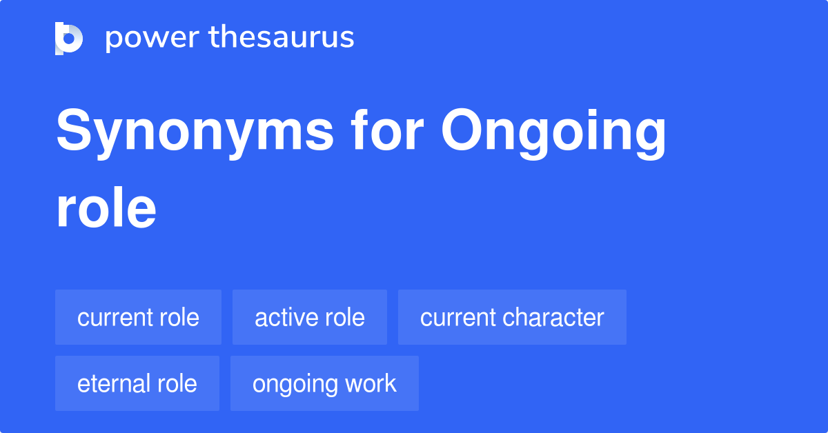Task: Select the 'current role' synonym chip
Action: click(x=138, y=317)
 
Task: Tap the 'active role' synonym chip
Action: click(x=309, y=317)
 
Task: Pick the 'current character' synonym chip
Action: click(x=512, y=317)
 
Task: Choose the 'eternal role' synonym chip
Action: click(x=137, y=383)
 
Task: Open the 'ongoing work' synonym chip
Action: click(x=324, y=383)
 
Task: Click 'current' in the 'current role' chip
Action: click(x=113, y=317)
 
